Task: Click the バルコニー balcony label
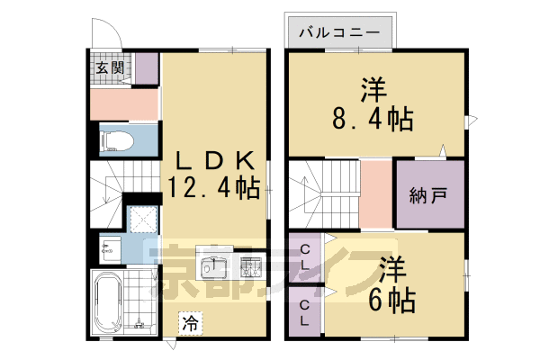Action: click(339, 34)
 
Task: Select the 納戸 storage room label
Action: click(429, 194)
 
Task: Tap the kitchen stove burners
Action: click(251, 266)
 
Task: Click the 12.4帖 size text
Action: click(214, 187)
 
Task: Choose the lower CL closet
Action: click(306, 312)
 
